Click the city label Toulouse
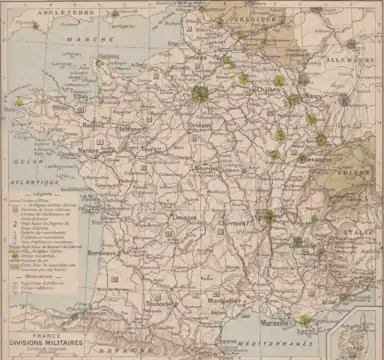pyautogui.click(x=160, y=303)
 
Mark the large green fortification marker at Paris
pyautogui.click(x=200, y=95)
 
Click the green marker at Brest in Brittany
pyautogui.click(x=18, y=102)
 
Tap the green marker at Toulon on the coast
pyautogui.click(x=304, y=321)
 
